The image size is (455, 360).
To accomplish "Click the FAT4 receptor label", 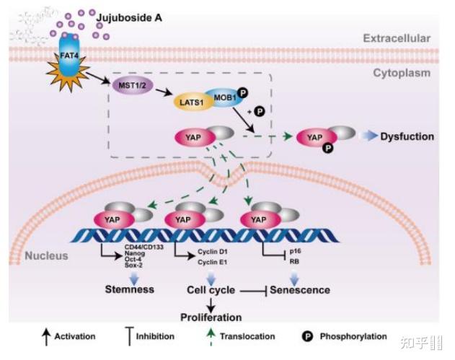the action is click(69, 55).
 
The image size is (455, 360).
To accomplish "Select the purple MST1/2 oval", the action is click(133, 85).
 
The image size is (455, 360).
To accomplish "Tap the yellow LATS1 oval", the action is click(192, 102).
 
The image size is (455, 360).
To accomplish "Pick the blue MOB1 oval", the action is click(224, 97).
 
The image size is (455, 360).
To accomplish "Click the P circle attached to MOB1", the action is click(242, 93).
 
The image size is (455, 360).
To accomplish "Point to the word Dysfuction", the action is click(407, 136).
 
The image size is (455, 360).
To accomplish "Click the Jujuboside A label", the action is click(129, 18).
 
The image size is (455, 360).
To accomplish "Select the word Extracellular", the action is click(397, 38).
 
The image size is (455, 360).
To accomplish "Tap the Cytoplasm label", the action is click(402, 73).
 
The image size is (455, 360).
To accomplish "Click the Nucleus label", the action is click(46, 255).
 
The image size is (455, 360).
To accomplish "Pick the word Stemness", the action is click(129, 289).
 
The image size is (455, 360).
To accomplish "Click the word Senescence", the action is click(300, 290).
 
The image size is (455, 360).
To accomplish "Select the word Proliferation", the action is click(211, 317).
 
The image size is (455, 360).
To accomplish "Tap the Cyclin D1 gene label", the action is click(213, 252).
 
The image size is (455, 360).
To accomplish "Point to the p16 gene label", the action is click(295, 251).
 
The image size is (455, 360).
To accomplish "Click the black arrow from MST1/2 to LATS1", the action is click(164, 92).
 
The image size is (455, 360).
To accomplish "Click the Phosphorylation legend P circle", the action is click(307, 336).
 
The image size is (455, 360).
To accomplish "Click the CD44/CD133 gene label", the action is click(144, 247).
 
